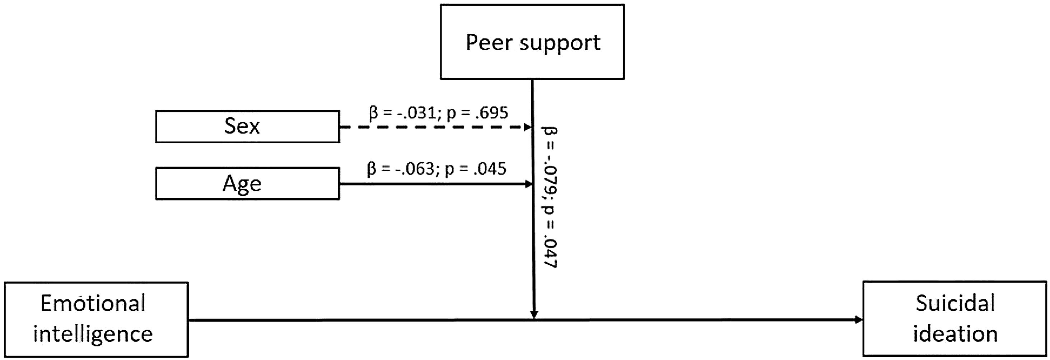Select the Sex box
point(247,126)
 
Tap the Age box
point(247,183)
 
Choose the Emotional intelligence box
point(96,319)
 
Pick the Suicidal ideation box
point(955,319)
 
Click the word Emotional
point(93,304)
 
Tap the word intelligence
point(93,334)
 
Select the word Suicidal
point(955,304)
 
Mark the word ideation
point(955,334)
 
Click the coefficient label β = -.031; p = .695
point(438,113)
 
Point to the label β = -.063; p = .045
point(437,169)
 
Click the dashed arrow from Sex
point(432,127)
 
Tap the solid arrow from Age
point(432,184)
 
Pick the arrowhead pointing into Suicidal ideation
point(858,320)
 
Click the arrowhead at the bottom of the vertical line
point(534,315)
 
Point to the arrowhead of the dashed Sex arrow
point(527,127)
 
